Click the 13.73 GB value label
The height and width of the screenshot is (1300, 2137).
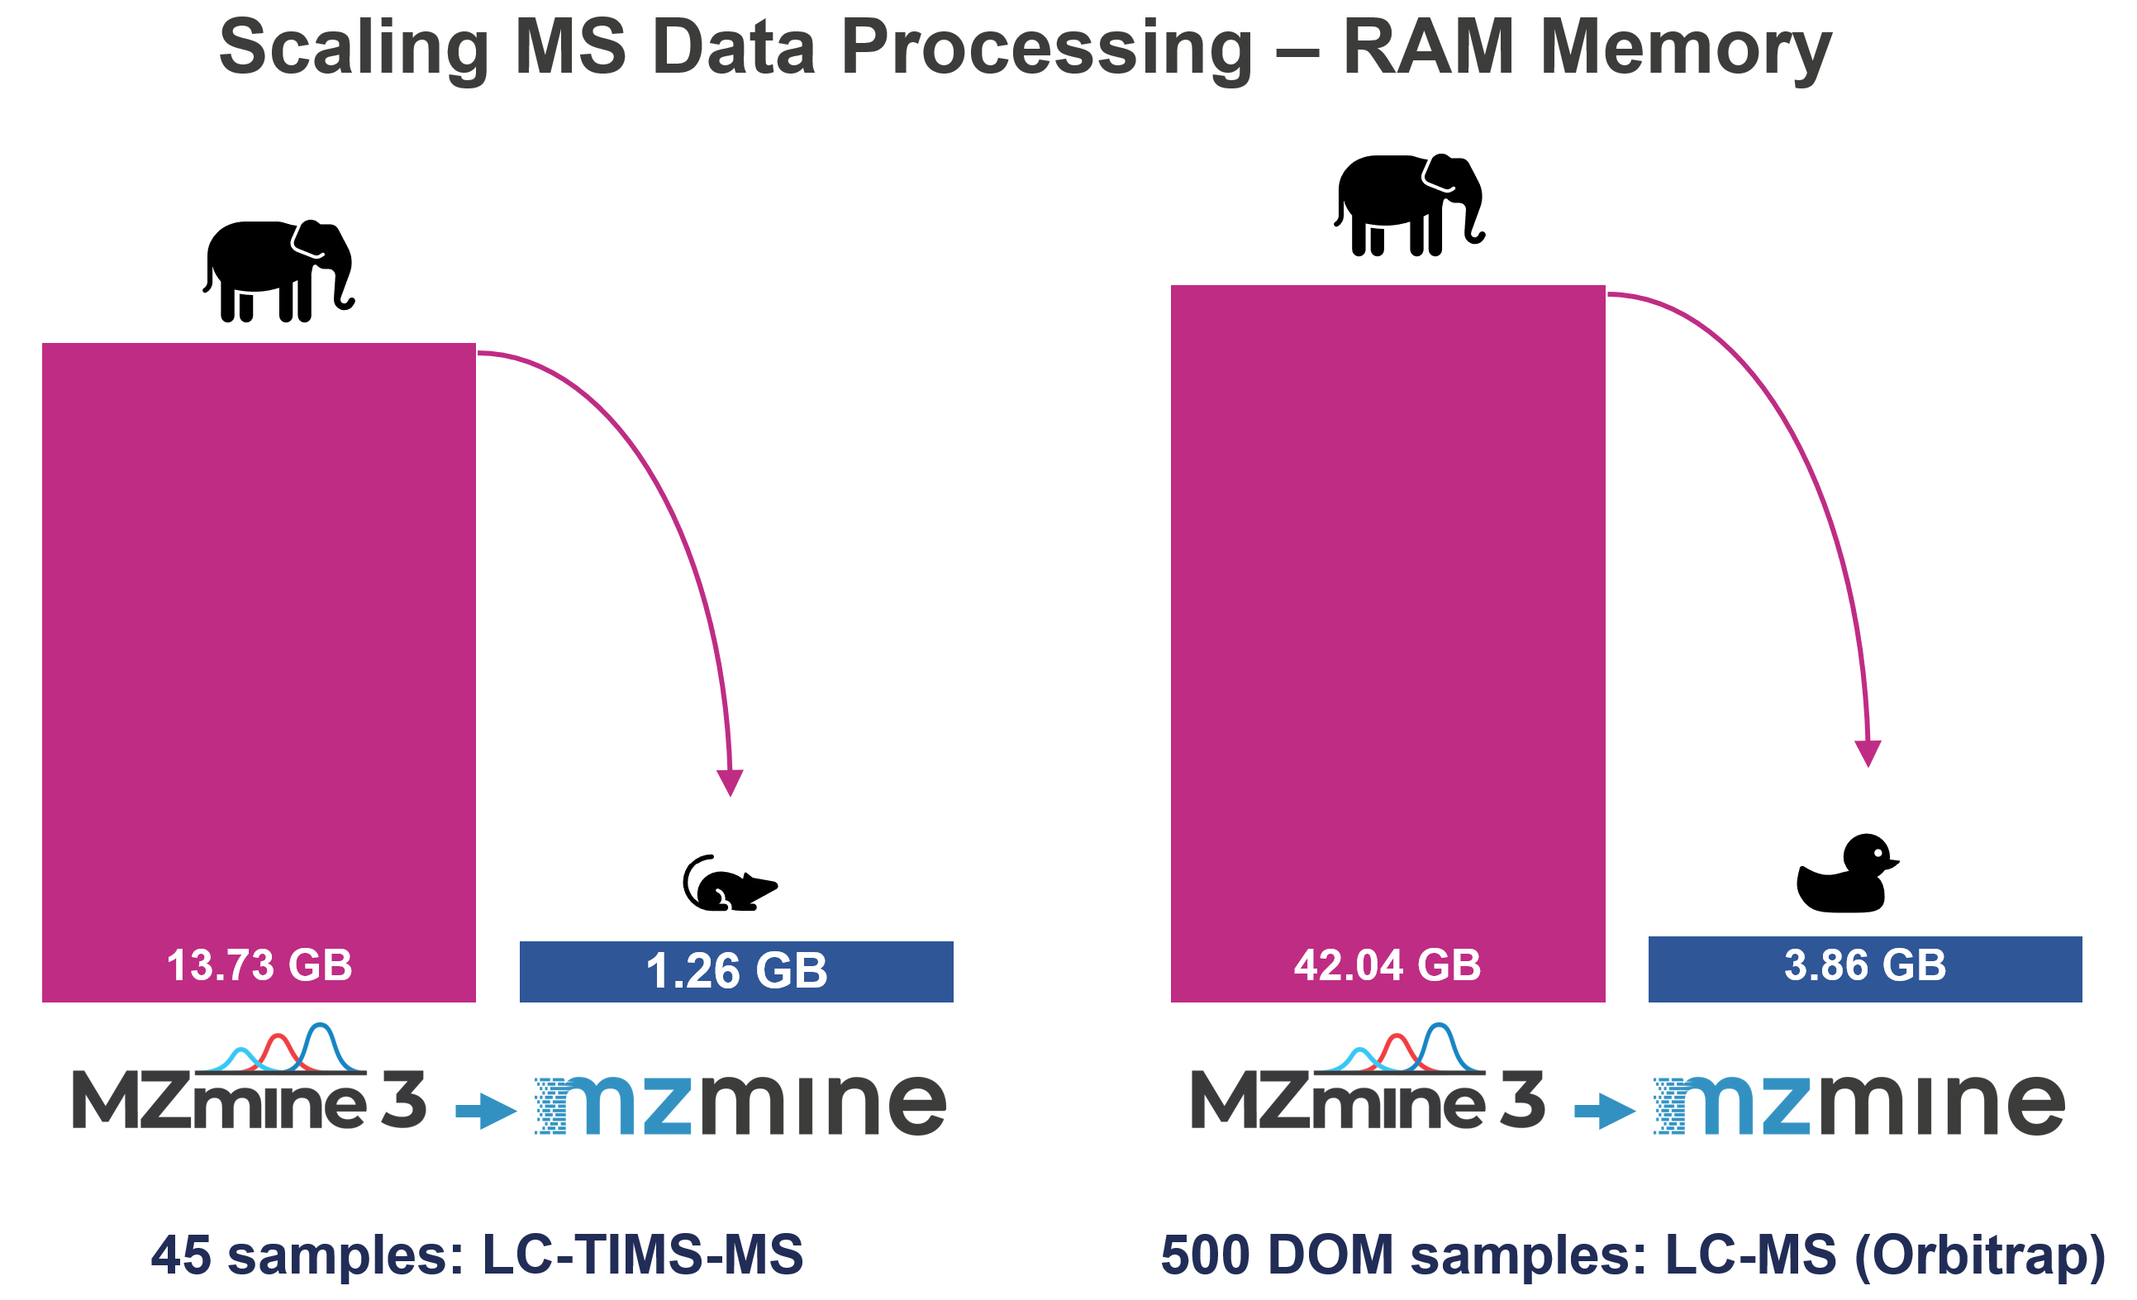tap(259, 965)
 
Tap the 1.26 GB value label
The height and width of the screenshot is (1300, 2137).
tap(736, 970)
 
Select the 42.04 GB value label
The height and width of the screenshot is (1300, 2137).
tap(1387, 965)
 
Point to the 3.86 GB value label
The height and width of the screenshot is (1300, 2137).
tap(1864, 965)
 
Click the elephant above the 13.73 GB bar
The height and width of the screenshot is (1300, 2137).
tap(279, 270)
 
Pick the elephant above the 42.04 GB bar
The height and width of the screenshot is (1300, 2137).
tap(1409, 205)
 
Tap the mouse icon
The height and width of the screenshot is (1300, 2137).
tap(729, 884)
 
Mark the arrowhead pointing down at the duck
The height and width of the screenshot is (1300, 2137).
tap(1868, 753)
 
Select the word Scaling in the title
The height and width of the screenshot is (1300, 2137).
tap(354, 50)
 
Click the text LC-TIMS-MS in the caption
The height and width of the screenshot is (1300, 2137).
tap(643, 1254)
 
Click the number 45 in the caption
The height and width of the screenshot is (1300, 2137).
tap(181, 1254)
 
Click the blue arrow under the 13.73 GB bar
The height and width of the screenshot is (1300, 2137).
tap(486, 1111)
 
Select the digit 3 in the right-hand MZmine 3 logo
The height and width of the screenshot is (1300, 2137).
tap(1523, 1100)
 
